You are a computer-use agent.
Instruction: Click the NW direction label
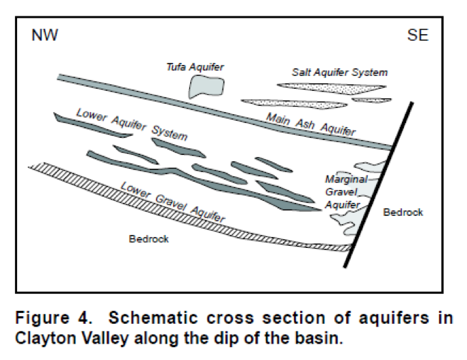click(x=44, y=36)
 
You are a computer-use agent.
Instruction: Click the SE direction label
click(x=418, y=36)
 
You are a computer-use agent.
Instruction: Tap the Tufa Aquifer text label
click(x=196, y=66)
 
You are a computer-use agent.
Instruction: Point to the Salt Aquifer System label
click(x=340, y=72)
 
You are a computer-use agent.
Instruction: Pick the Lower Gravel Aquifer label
click(x=172, y=201)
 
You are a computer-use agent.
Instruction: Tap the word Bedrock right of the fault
click(x=403, y=212)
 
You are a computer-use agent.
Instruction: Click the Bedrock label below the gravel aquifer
click(x=148, y=239)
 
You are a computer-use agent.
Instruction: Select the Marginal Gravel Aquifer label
click(x=346, y=191)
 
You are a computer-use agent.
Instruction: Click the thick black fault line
click(x=381, y=184)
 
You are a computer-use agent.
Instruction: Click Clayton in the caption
click(x=44, y=338)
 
